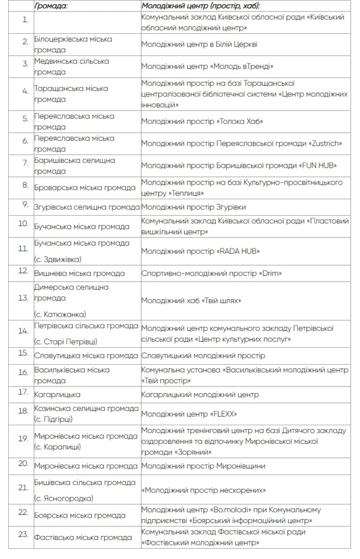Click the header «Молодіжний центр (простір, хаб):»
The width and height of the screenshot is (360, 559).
click(x=201, y=5)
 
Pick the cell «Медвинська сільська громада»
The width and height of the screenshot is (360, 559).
click(x=71, y=66)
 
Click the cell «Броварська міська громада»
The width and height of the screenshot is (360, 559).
click(x=85, y=188)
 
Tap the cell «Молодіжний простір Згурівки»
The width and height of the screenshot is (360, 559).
click(x=194, y=207)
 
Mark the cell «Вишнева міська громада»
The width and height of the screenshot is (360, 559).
click(x=79, y=273)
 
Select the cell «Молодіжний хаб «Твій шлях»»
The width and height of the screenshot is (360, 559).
click(x=191, y=301)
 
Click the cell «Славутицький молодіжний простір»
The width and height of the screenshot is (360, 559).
click(x=203, y=356)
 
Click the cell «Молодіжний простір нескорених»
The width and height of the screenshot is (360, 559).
click(x=203, y=490)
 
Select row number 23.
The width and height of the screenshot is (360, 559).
click(x=23, y=534)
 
